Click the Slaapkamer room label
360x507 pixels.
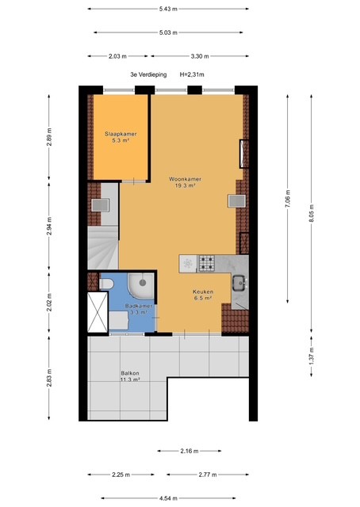121,134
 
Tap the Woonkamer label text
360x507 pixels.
186,179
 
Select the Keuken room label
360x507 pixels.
203,292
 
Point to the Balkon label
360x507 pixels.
130,373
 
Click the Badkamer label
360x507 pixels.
139,306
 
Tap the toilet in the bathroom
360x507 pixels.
106,284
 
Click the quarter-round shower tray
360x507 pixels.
141,286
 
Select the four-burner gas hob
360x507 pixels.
206,262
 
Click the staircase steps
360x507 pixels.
103,247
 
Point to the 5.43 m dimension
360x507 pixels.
168,9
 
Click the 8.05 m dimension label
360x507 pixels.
311,213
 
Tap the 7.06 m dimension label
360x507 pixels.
288,198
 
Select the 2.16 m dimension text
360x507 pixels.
190,451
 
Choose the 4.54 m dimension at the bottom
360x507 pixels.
168,498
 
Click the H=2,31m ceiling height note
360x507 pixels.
192,74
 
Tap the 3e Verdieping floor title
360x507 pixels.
148,74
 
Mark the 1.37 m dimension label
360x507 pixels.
311,356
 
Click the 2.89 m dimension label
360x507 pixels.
49,137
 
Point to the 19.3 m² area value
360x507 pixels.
186,185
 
